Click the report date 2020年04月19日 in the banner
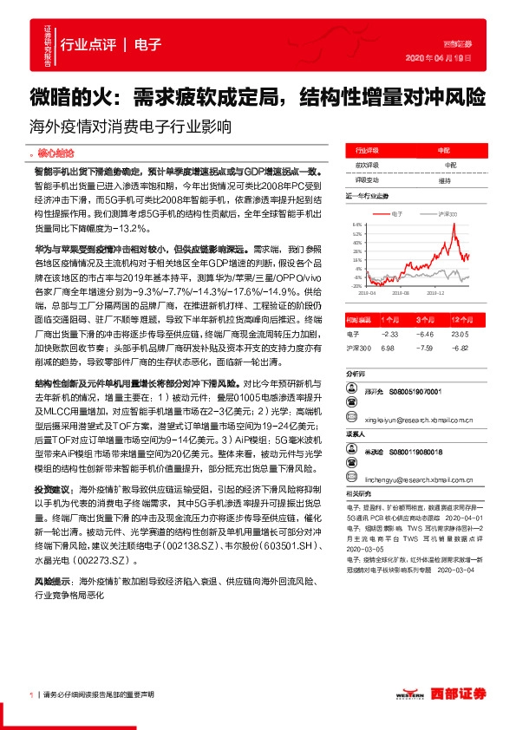point(446,57)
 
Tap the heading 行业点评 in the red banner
point(89,46)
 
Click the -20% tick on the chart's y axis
point(356,285)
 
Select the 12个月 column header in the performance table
point(460,320)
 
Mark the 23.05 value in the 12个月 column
point(460,332)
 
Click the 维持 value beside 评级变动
point(444,180)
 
